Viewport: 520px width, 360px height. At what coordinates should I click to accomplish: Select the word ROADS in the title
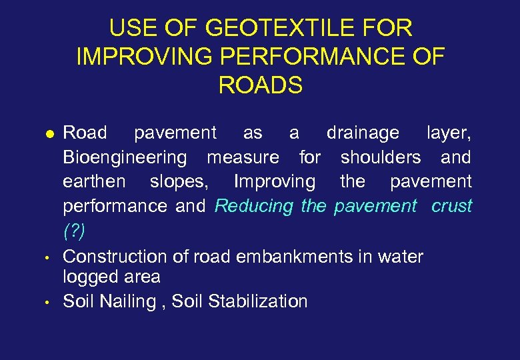pos(260,86)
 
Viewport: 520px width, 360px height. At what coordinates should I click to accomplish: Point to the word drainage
pos(363,133)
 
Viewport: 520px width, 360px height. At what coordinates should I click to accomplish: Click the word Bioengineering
pos(125,158)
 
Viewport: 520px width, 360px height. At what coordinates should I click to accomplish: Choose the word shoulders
pos(381,157)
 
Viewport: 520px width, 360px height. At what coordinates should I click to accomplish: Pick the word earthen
pos(94,181)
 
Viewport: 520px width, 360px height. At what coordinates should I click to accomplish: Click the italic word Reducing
pos(254,206)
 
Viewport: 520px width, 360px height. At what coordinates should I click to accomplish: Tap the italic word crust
pos(451,206)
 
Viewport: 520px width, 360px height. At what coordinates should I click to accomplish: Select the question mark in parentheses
pos(73,231)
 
